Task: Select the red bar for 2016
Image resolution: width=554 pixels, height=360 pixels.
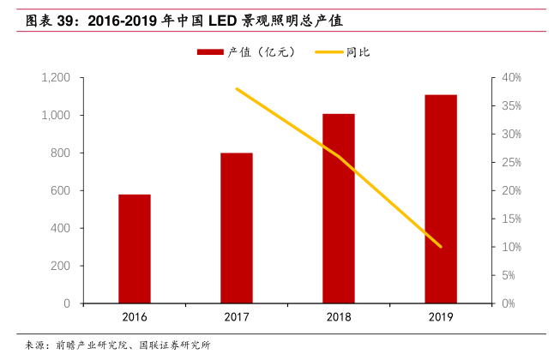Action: pyautogui.click(x=135, y=249)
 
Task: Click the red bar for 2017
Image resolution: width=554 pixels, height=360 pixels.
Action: pyautogui.click(x=237, y=228)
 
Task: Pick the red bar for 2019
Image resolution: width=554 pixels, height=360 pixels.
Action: pyautogui.click(x=441, y=199)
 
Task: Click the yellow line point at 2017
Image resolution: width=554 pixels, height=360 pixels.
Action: pyautogui.click(x=237, y=89)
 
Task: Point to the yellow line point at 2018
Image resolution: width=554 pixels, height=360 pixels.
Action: pyautogui.click(x=339, y=156)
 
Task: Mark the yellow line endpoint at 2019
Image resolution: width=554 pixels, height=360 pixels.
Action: pyautogui.click(x=441, y=247)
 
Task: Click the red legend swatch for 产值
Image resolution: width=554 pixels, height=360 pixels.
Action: pyautogui.click(x=210, y=52)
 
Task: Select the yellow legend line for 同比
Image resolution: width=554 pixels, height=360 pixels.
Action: pyautogui.click(x=328, y=52)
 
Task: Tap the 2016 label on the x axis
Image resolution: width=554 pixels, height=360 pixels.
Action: pyautogui.click(x=135, y=318)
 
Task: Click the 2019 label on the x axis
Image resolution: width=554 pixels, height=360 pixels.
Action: pyautogui.click(x=441, y=318)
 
